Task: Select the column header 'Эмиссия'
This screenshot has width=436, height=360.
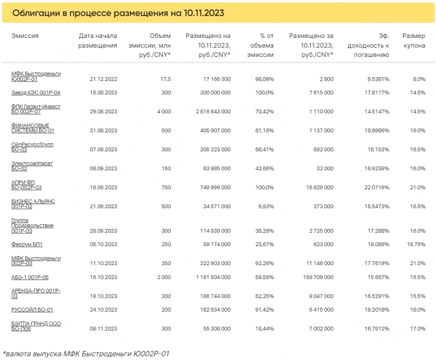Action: point(25,36)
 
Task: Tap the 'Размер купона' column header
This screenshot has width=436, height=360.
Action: point(414,40)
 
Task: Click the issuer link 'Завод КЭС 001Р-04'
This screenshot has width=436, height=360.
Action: point(36,93)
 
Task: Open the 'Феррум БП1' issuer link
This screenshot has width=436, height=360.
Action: point(26,244)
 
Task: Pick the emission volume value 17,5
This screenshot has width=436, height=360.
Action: point(165,78)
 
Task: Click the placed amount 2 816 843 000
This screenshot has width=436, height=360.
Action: point(208,112)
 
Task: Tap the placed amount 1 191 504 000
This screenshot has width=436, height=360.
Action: point(208,277)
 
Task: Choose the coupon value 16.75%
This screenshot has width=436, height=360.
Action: point(415,244)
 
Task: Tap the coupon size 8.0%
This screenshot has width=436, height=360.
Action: point(419,78)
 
